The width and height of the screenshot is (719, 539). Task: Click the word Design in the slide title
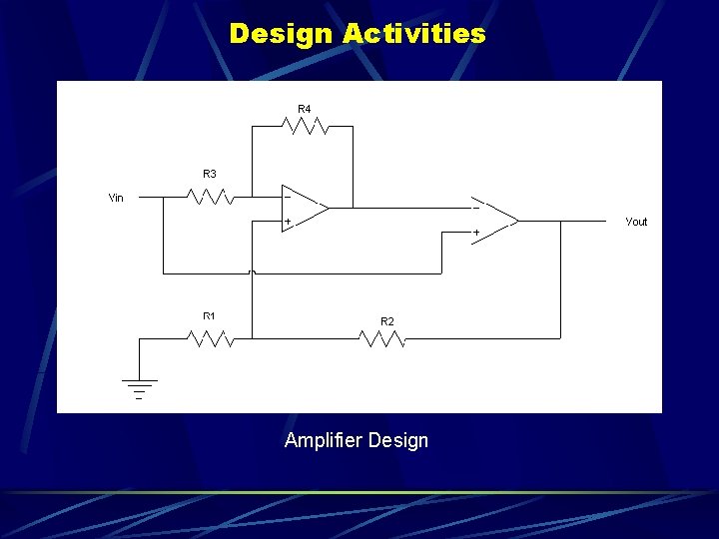tap(281, 34)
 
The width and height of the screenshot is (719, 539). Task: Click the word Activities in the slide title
tap(413, 34)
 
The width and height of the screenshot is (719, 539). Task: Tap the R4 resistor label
tap(304, 108)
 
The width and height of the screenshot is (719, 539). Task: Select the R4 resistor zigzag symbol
tap(306, 126)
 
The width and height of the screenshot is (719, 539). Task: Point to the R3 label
tap(210, 174)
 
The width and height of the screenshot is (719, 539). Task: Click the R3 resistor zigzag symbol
tap(211, 197)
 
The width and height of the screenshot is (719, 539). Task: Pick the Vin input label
tap(116, 198)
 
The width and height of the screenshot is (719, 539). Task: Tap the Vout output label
tap(636, 222)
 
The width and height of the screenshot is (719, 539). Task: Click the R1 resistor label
tap(210, 316)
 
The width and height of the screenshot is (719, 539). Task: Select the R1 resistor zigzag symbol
tap(211, 339)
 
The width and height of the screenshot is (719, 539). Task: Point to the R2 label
tap(387, 320)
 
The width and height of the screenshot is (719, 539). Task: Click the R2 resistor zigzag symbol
tap(382, 339)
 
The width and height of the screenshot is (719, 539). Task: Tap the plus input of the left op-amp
tap(288, 221)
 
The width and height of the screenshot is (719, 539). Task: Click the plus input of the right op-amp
tap(476, 232)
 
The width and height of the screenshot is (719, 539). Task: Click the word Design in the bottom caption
tap(398, 440)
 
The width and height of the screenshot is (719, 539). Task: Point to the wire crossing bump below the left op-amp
tap(253, 270)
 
